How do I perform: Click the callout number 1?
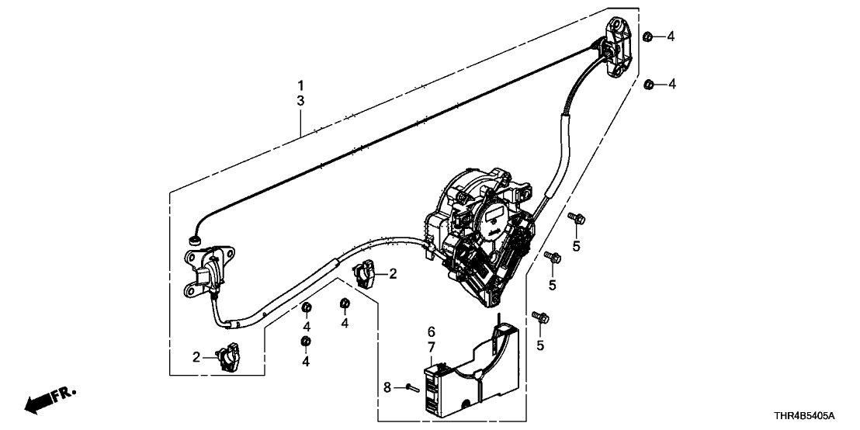click(x=301, y=85)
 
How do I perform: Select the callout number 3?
click(x=301, y=101)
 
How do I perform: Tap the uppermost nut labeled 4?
click(x=647, y=35)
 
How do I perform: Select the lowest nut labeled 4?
click(x=306, y=342)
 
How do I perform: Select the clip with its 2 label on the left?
click(x=230, y=356)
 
